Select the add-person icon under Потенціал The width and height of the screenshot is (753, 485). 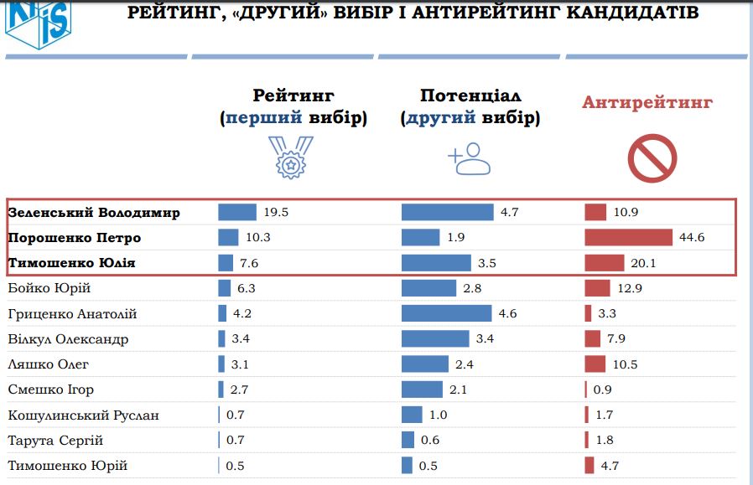(x=469, y=157)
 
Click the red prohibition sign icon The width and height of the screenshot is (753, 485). (x=652, y=157)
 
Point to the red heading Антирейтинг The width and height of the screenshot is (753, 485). (x=647, y=103)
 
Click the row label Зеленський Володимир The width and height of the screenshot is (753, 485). (x=94, y=213)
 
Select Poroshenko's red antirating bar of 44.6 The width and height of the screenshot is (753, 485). (x=629, y=238)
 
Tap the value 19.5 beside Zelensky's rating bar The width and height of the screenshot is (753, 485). (x=276, y=213)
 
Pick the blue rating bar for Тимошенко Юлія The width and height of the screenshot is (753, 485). (x=226, y=263)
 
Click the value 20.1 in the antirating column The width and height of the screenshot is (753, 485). (x=642, y=263)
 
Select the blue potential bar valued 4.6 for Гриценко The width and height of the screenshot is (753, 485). (x=446, y=314)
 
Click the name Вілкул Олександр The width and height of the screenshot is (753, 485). (x=68, y=339)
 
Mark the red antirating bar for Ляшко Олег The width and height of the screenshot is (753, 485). (x=595, y=364)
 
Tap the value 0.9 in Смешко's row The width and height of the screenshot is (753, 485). (x=602, y=390)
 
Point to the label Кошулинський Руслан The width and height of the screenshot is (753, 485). (x=83, y=415)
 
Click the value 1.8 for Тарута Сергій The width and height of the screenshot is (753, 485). (x=604, y=441)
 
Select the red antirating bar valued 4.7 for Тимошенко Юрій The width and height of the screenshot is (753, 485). (x=589, y=466)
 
